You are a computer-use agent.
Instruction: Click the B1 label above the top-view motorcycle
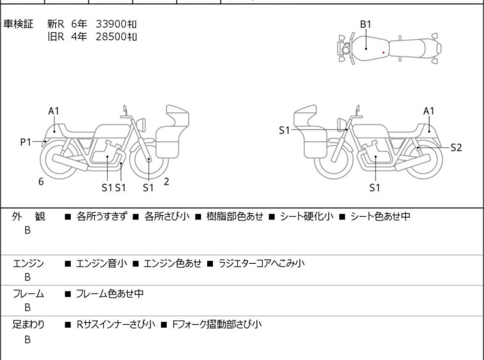[365, 24]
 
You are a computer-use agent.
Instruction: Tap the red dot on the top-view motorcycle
[383, 53]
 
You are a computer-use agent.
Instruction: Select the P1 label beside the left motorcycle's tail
[26, 142]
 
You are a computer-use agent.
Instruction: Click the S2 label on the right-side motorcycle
[456, 148]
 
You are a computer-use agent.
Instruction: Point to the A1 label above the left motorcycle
[54, 111]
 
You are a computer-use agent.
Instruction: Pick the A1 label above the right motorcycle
[429, 111]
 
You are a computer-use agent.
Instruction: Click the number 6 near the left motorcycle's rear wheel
[41, 182]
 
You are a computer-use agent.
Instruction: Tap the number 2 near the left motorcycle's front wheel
[167, 182]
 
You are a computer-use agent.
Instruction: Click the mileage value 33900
[111, 24]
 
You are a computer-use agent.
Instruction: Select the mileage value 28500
[111, 37]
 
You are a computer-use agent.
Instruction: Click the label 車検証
[18, 24]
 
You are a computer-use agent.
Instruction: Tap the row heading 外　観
[28, 216]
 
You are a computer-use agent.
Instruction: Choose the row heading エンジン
[28, 263]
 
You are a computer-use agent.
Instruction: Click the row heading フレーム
[28, 293]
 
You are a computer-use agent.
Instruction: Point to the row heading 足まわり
[28, 325]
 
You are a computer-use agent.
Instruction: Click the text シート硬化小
[306, 216]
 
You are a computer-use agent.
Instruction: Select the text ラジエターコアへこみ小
[262, 263]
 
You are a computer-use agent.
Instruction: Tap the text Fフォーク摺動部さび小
[217, 325]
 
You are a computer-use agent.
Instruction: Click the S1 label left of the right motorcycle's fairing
[284, 130]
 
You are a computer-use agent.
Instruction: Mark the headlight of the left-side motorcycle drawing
[141, 125]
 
